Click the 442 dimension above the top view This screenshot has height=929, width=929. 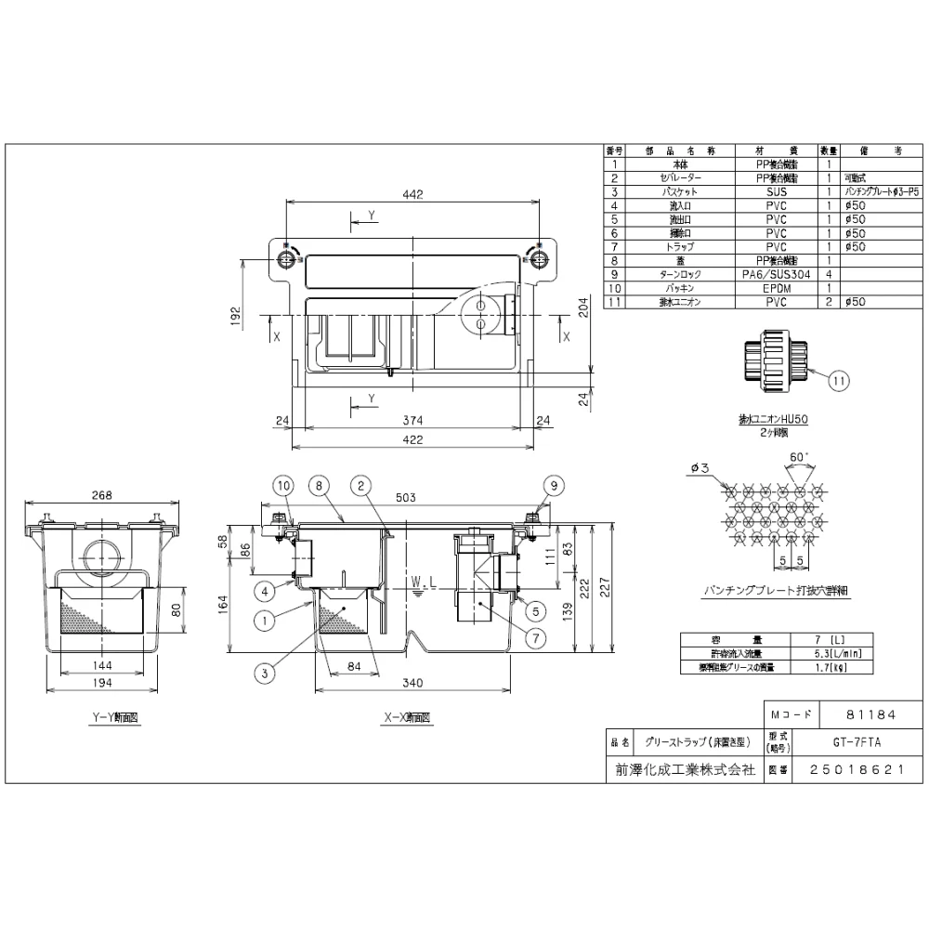click(413, 194)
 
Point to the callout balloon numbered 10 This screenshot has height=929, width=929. click(283, 484)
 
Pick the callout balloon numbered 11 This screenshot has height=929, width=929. click(839, 379)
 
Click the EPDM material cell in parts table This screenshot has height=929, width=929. click(776, 289)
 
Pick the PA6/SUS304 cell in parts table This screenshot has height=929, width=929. click(776, 275)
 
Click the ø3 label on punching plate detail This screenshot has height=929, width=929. click(701, 468)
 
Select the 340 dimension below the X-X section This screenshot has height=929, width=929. click(412, 683)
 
